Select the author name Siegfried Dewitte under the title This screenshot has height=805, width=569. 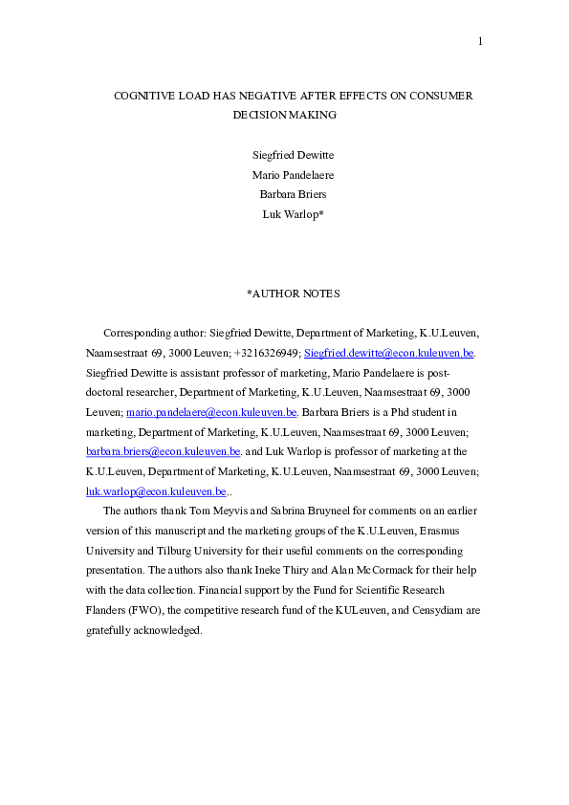[293, 155]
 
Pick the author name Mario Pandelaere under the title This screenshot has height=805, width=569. [293, 175]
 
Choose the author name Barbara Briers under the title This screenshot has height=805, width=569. [293, 195]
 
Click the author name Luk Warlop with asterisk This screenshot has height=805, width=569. [293, 214]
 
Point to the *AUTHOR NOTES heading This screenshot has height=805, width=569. [293, 294]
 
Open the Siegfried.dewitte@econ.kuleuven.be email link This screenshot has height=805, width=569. [388, 353]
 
